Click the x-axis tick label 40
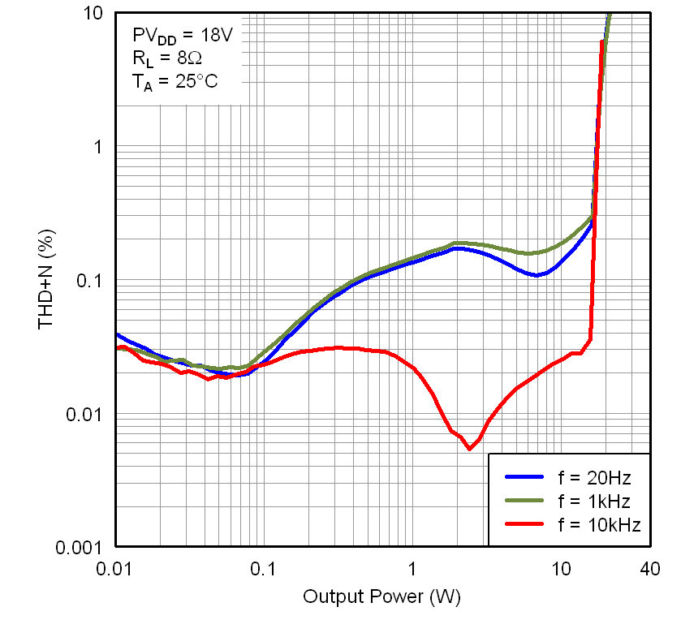649,570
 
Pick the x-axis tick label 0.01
114,570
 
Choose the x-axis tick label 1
412,570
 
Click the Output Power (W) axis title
381,597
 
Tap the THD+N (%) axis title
47,280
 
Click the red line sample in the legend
524,525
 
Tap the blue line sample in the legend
524,476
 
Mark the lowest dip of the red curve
469,448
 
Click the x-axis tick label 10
560,570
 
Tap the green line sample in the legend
524,501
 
